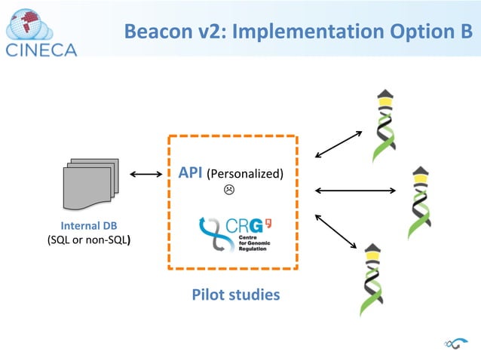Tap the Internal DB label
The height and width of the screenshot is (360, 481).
tap(88, 226)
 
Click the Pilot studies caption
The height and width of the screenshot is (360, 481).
tap(235, 294)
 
